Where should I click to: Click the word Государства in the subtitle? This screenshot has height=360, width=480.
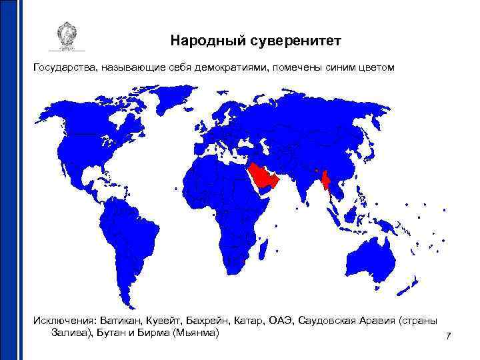coord(65,68)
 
